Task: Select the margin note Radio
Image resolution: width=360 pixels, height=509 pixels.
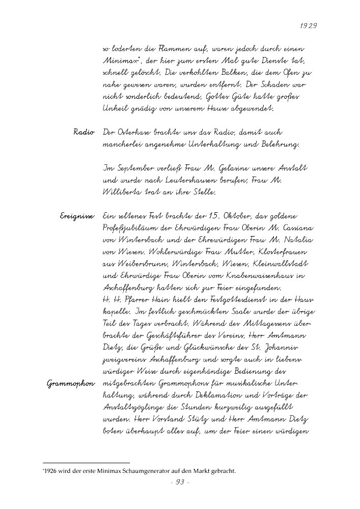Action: (84, 132)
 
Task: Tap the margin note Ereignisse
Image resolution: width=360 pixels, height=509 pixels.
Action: (77, 216)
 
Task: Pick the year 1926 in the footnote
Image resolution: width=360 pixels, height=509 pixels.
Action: (51, 471)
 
